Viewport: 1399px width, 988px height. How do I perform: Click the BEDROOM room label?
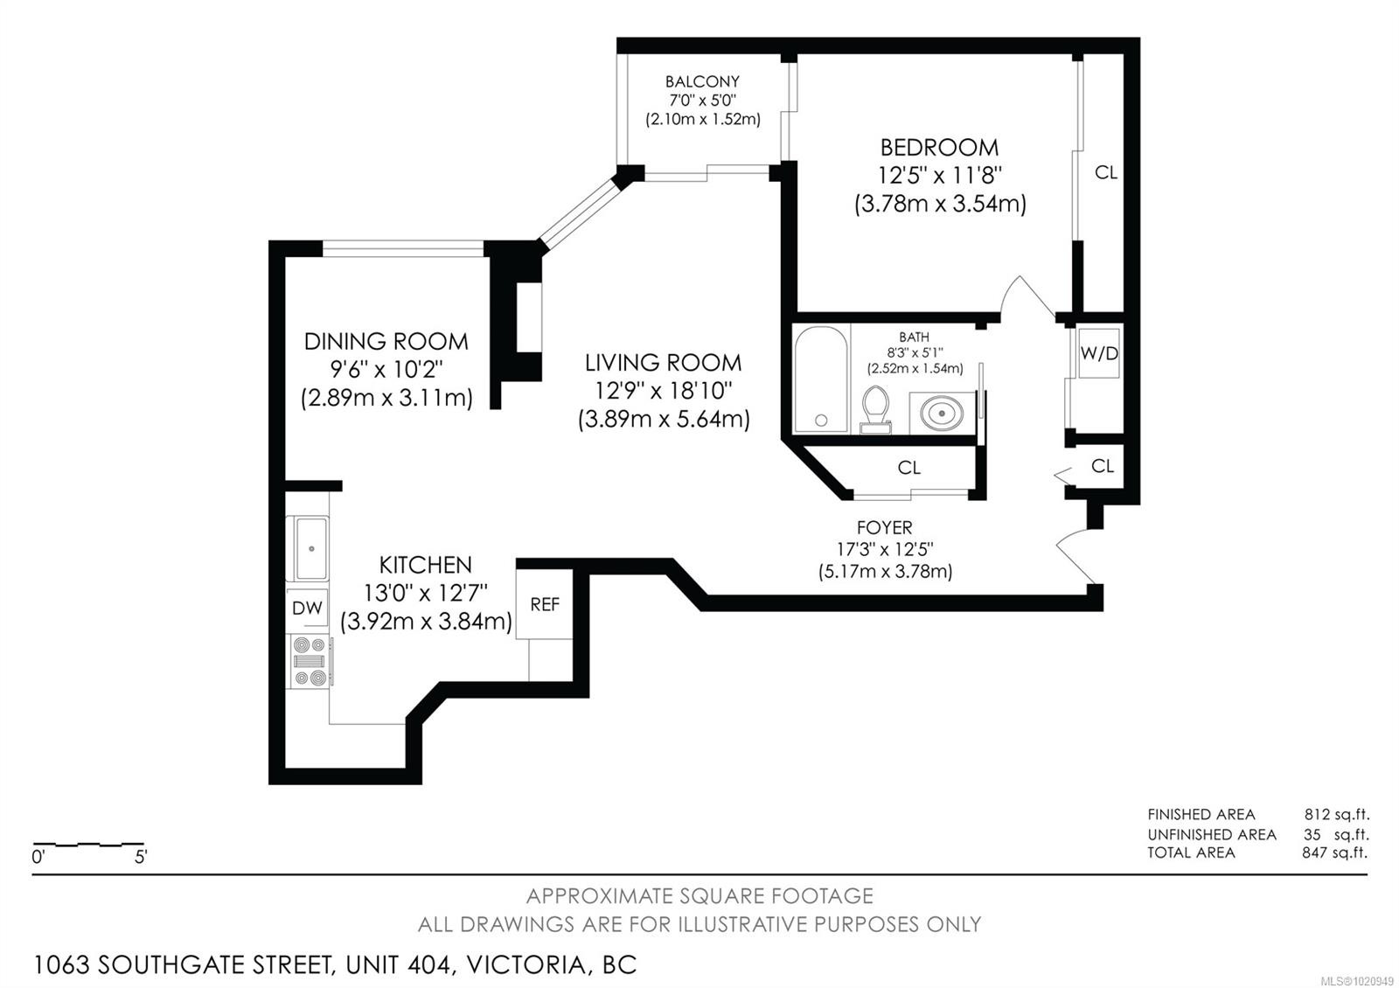939,148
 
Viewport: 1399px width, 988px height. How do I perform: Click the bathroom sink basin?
942,413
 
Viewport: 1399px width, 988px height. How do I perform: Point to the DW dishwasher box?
307,608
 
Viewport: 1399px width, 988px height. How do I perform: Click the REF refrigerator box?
545,605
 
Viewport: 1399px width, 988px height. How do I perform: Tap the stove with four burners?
310,662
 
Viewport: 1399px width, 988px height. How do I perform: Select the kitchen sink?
310,548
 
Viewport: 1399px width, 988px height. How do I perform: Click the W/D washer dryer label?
1099,353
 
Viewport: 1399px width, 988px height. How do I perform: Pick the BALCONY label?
702,82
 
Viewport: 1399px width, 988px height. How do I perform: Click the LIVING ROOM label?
663,363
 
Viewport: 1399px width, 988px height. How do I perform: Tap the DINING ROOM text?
386,341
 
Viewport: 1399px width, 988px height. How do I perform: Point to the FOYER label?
884,528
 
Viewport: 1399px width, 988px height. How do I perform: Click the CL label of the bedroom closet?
1106,173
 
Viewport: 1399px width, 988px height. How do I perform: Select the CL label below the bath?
909,468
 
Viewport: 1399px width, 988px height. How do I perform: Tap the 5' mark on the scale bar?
140,857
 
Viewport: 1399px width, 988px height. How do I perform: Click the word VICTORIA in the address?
525,965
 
